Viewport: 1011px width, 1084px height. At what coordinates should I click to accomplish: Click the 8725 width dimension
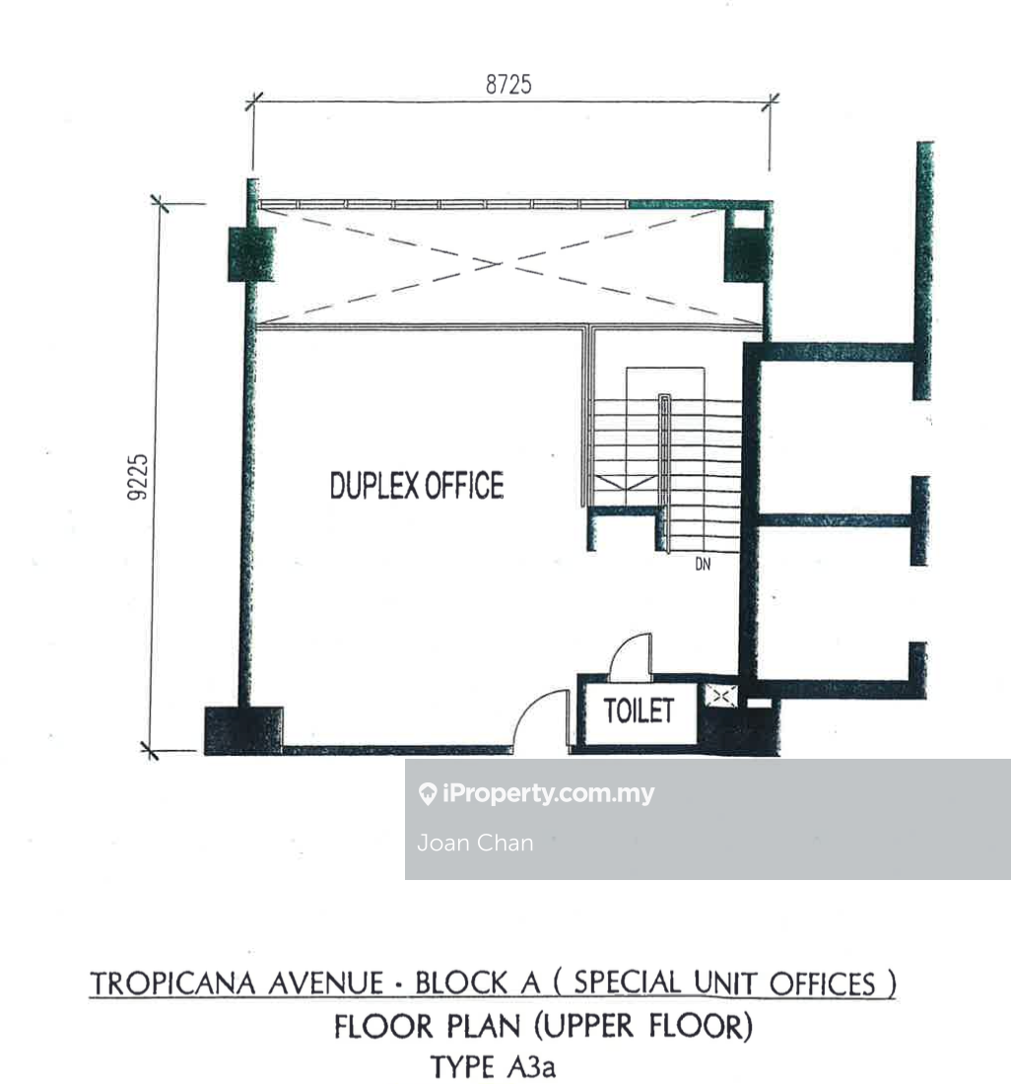tap(508, 85)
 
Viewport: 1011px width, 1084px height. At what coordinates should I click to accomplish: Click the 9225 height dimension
tap(138, 476)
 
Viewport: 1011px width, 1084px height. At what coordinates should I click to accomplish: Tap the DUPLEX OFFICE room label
tap(417, 485)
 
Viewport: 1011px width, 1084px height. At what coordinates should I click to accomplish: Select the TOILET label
tap(639, 711)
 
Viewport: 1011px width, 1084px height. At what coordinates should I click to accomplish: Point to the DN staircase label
tap(703, 564)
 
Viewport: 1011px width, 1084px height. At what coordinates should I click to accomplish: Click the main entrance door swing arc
tap(532, 712)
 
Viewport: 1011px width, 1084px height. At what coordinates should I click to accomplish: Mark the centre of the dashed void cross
tap(497, 263)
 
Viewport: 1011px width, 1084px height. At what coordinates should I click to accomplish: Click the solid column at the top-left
tap(251, 253)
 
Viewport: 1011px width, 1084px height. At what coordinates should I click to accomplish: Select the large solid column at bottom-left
tap(243, 730)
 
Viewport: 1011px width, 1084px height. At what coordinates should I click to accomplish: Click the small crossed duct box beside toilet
tap(720, 696)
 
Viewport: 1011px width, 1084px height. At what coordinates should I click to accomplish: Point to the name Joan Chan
tap(475, 843)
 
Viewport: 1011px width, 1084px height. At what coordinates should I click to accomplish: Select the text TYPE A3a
tap(493, 1065)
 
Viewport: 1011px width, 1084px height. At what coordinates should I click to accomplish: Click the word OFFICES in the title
tap(823, 983)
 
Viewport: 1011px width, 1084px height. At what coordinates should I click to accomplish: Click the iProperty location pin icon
tap(428, 793)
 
